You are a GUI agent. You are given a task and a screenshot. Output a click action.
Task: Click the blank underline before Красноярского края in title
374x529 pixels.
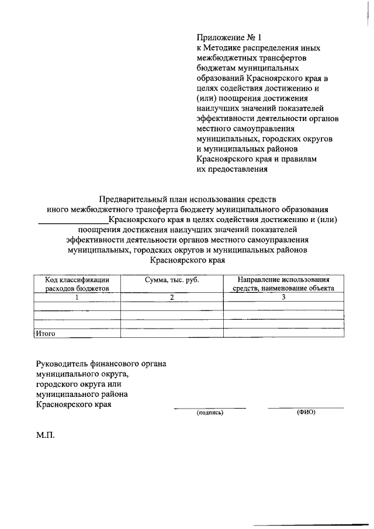(73, 221)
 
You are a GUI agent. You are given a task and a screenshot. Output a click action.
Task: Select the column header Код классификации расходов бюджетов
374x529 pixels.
(77, 284)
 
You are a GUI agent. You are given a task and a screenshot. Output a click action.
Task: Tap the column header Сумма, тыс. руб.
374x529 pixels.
(172, 281)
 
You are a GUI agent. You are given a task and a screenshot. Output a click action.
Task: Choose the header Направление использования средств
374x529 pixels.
(283, 284)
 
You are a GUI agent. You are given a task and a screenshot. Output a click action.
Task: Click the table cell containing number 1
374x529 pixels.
(77, 297)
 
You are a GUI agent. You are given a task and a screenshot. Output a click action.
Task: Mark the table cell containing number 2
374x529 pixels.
(172, 297)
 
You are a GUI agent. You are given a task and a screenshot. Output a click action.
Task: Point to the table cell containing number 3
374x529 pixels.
(283, 297)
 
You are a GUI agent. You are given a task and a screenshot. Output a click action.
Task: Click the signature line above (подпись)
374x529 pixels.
(210, 407)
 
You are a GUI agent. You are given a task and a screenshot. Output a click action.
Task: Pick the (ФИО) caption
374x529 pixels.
(306, 412)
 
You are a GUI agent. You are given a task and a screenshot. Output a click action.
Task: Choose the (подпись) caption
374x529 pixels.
(210, 413)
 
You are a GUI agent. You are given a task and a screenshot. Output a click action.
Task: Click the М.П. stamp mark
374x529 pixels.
(45, 435)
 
